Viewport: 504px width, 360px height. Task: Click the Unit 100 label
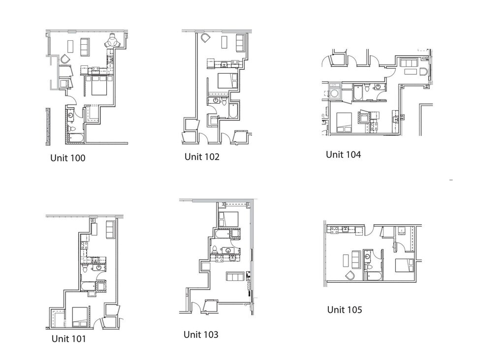[x=68, y=158]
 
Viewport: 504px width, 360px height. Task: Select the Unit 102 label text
[x=202, y=157]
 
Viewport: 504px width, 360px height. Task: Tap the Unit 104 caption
[x=343, y=154]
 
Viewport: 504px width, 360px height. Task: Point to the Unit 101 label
[x=68, y=339]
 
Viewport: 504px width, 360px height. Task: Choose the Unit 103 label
[x=201, y=335]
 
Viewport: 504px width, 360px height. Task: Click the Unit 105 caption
[x=345, y=310]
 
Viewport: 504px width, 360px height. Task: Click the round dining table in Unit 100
[x=112, y=42]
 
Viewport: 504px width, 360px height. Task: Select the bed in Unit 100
[x=99, y=86]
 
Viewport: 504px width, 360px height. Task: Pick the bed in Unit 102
[x=227, y=80]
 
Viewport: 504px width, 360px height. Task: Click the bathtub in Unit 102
[x=234, y=111]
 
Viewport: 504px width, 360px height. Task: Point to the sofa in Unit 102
[x=240, y=42]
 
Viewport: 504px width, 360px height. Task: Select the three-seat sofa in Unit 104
[x=408, y=63]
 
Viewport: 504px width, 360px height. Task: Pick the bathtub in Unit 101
[x=89, y=287]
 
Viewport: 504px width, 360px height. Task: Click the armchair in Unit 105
[x=350, y=275]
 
